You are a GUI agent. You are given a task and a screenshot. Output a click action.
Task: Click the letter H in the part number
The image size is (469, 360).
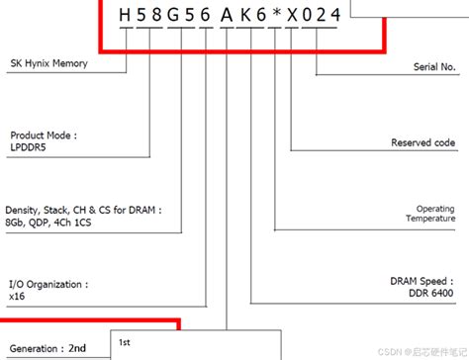click(124, 15)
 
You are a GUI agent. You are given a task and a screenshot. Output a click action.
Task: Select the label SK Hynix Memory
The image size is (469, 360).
click(49, 64)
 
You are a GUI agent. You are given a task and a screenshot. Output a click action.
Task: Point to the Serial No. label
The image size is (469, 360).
click(433, 67)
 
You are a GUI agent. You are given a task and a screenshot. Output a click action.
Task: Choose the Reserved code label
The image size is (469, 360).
click(423, 143)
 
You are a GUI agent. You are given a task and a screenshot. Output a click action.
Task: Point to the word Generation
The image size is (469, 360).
click(34, 348)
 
